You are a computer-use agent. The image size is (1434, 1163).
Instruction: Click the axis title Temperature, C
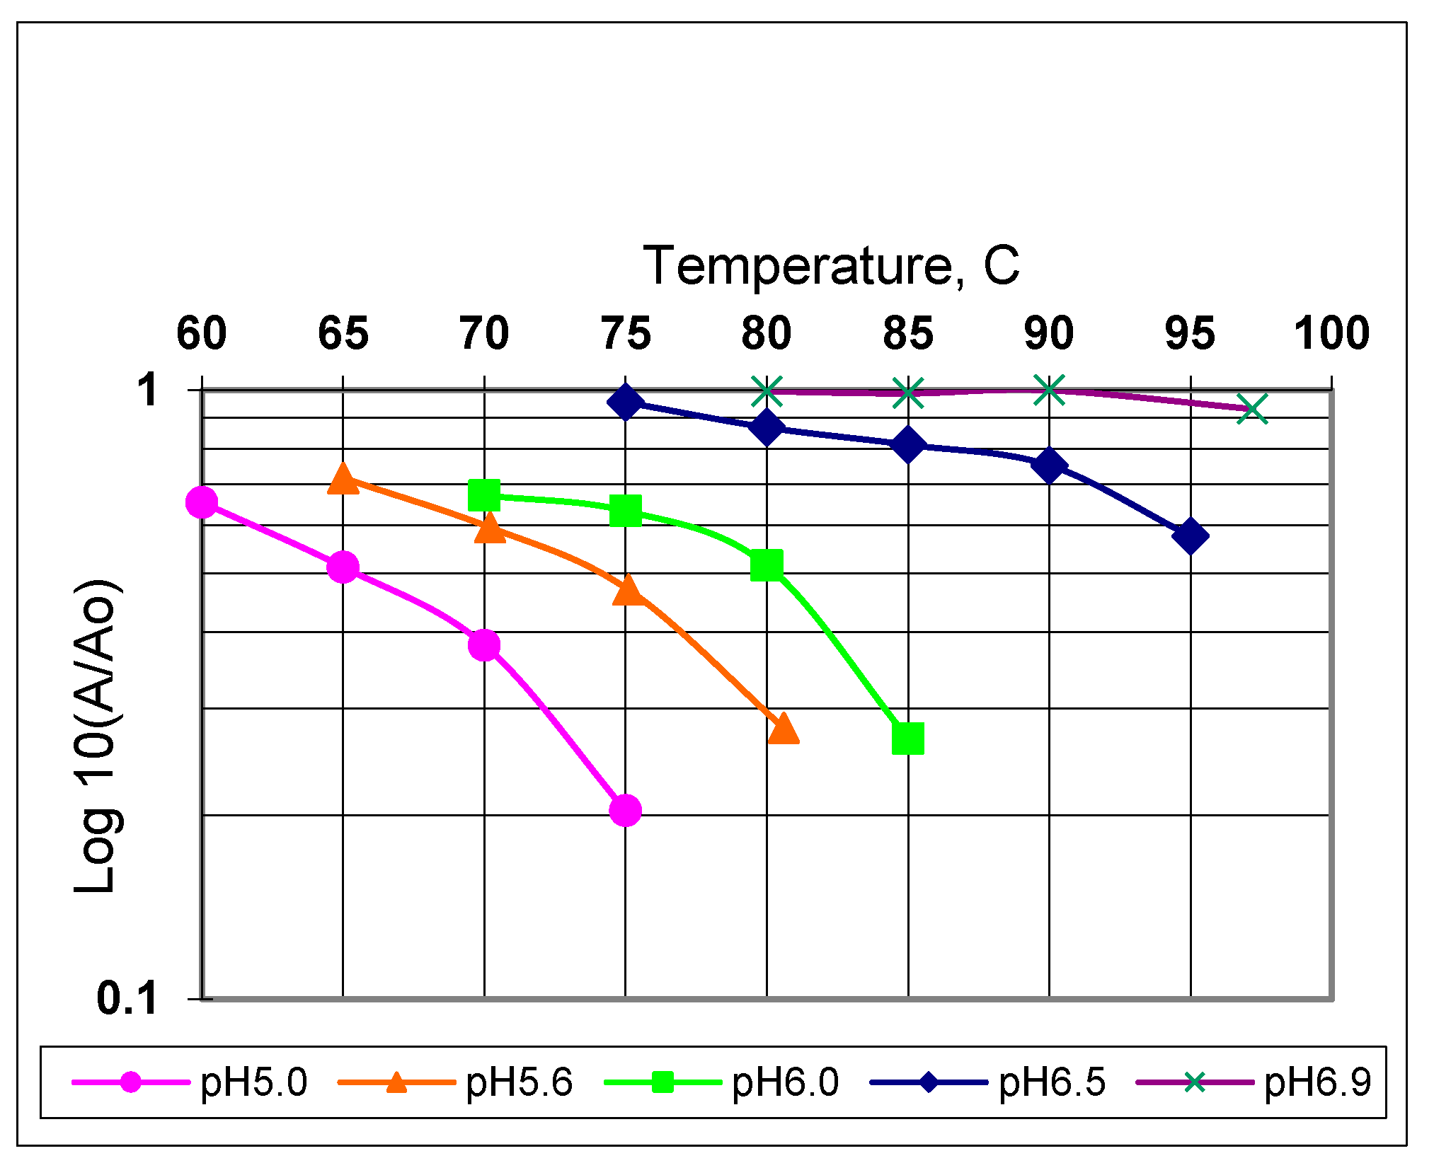coord(831,266)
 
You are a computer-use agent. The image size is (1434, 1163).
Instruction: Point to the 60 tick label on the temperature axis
coord(201,333)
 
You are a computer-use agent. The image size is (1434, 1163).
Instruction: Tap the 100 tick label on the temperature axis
coord(1331,333)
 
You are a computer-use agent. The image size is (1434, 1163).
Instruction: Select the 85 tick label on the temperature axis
coord(907,333)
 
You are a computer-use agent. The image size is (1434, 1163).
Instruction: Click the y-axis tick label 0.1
coord(127,998)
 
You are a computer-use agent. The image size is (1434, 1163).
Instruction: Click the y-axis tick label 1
coord(149,390)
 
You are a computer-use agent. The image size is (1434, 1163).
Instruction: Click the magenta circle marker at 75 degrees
coord(625,810)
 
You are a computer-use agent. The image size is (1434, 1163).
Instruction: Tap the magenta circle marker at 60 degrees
coord(202,502)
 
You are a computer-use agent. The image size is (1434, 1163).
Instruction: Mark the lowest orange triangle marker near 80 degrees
coord(783,729)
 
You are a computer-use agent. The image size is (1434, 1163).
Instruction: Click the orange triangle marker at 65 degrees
coord(343,479)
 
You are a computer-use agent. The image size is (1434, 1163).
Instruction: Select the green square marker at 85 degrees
coord(908,739)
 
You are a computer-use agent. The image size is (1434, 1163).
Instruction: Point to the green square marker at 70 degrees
coord(485,495)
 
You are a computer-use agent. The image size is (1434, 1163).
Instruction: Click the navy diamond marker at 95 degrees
coord(1191,536)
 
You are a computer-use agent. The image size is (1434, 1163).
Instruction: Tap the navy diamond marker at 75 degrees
coord(625,403)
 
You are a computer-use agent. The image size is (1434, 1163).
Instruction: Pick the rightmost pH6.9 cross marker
coord(1252,409)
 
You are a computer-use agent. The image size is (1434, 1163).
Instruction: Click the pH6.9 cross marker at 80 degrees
coord(767,391)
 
